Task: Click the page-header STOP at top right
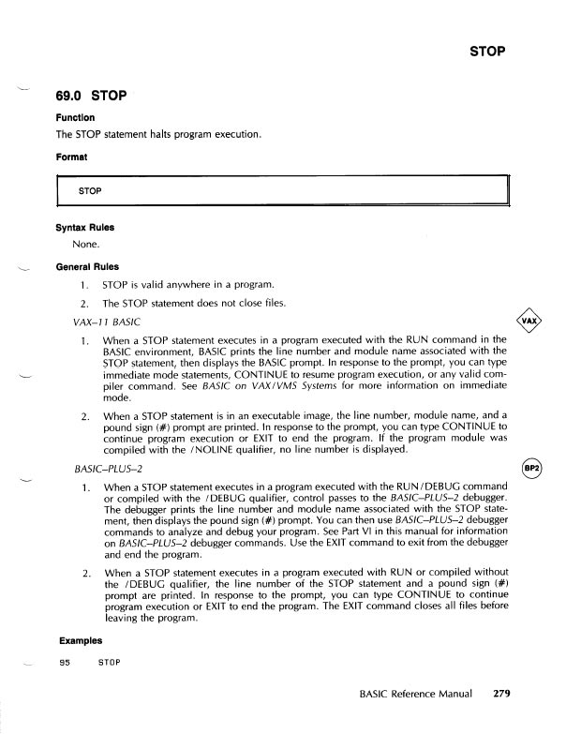(488, 51)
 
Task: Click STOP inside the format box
(90, 191)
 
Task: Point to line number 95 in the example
(65, 662)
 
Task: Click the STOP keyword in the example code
(111, 662)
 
